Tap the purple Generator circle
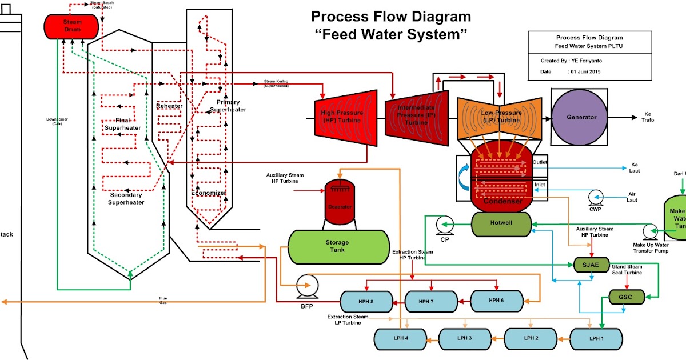click(x=581, y=117)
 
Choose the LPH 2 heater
click(x=532, y=338)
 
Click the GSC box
click(x=627, y=297)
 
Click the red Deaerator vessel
click(x=340, y=199)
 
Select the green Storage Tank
click(x=337, y=246)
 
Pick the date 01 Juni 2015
click(x=585, y=72)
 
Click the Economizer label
click(x=208, y=193)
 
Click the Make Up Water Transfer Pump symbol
click(x=648, y=231)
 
